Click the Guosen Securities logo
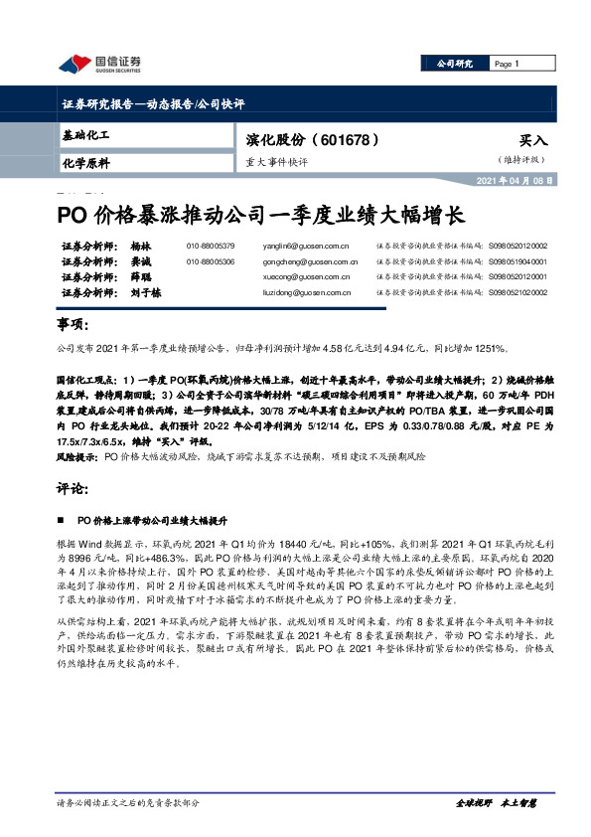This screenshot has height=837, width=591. coord(98,64)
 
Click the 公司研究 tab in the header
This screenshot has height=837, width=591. coord(456,64)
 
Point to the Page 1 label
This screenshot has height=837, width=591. coord(508,64)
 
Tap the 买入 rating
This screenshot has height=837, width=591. coord(533,141)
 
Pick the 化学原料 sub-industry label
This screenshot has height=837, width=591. coord(85,162)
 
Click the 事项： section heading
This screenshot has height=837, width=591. coord(71,324)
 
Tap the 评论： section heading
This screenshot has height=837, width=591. coord(71,490)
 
